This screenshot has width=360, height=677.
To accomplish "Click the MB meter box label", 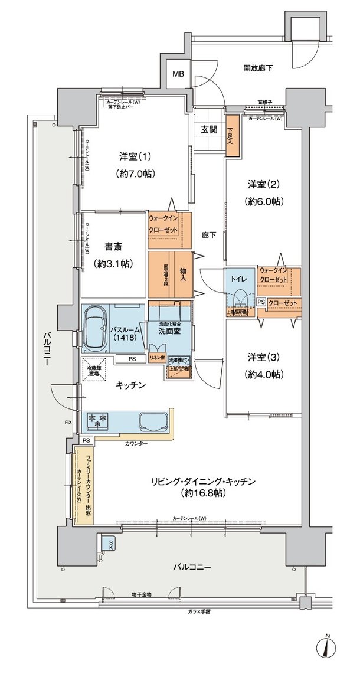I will [x=178, y=74].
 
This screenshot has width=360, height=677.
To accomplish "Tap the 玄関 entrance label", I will [x=208, y=130].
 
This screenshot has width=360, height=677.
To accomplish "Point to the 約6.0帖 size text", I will [x=264, y=201].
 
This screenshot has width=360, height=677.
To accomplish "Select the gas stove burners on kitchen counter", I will [x=98, y=420].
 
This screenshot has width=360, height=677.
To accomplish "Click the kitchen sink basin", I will [x=151, y=421].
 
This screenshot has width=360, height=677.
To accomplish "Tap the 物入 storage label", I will [x=183, y=274].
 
